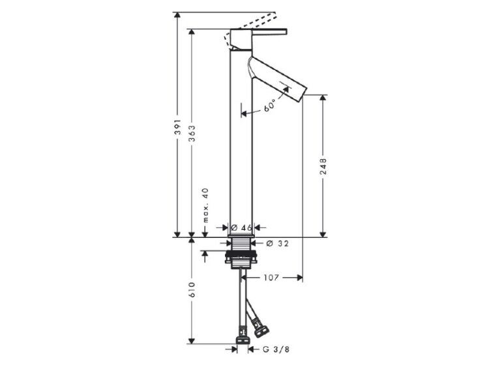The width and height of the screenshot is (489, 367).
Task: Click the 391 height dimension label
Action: (177, 126)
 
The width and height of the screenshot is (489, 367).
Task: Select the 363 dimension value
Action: (192, 134)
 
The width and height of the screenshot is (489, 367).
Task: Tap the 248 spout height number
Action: (323, 166)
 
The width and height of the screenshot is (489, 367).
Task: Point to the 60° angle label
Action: (270, 105)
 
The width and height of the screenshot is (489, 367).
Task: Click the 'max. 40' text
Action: (205, 205)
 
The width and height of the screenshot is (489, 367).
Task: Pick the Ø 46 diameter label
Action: (242, 228)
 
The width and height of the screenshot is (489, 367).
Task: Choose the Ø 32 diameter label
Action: (278, 243)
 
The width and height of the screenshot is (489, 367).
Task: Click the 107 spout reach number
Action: (271, 277)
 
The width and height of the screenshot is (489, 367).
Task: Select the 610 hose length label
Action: (192, 289)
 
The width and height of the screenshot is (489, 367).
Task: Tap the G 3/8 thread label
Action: (276, 349)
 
